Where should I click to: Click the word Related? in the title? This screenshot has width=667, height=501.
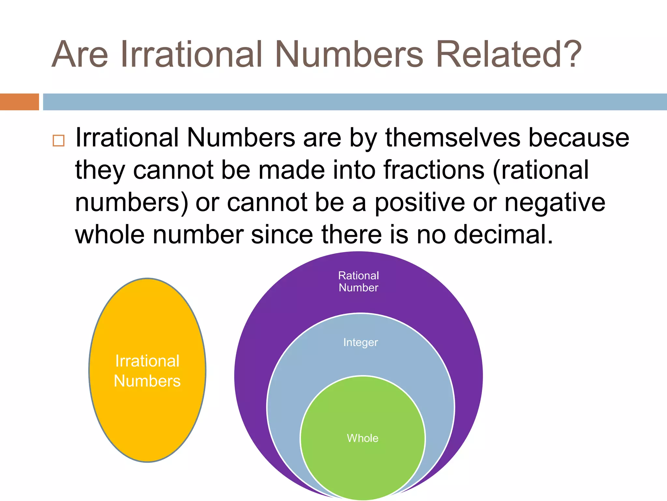click(508, 54)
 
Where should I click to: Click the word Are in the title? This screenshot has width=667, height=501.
click(80, 54)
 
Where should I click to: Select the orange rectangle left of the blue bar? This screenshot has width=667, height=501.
click(19, 102)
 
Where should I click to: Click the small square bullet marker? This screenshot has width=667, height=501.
click(58, 141)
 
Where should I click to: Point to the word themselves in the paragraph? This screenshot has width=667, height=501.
click(453, 138)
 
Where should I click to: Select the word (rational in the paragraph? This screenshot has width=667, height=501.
click(541, 170)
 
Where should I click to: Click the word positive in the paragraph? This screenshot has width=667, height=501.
click(420, 203)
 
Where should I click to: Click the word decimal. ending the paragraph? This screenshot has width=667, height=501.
click(504, 235)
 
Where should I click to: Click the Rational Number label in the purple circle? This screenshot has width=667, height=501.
click(359, 281)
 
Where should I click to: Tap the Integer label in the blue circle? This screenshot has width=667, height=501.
click(361, 342)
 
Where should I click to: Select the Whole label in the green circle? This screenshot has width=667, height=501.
click(362, 438)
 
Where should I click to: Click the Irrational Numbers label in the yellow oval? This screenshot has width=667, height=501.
click(147, 371)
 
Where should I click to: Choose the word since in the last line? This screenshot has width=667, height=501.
click(282, 235)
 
